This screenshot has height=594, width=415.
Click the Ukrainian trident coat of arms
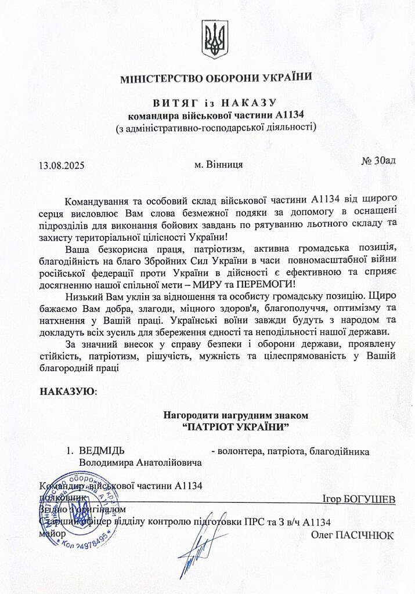point(215,39)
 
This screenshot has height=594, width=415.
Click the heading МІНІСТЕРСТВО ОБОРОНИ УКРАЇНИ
point(216,78)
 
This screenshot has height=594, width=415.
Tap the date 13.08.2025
point(62,165)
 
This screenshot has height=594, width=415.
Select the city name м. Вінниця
point(219,164)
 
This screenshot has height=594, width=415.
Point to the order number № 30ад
point(378,160)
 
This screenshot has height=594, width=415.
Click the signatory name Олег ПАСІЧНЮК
point(352,535)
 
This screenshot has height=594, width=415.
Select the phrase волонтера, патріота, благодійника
point(290,451)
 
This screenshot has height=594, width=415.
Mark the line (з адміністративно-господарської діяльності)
point(216,127)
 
